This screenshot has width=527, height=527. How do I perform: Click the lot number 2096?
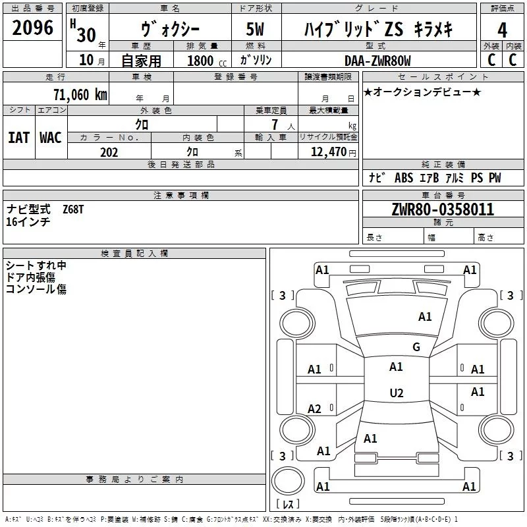pos(33,27)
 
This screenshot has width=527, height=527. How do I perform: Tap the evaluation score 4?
pos(502,30)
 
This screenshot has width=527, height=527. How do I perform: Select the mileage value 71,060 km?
pos(80,95)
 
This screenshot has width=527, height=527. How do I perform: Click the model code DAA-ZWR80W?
pos(377,61)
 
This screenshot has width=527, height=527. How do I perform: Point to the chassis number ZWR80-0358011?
pos(443,210)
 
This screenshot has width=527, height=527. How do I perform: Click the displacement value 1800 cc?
pos(206,61)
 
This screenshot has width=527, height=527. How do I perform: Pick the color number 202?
pos(109,152)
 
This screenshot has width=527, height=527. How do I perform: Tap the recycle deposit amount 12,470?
pos(328,152)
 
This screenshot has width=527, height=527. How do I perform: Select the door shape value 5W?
pos(256,30)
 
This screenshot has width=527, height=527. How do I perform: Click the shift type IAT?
pos(18,138)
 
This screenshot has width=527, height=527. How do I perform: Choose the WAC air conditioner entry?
pos(51,138)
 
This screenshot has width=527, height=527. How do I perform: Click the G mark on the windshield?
pos(416,347)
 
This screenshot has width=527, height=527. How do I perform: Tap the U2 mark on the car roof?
pos(397,393)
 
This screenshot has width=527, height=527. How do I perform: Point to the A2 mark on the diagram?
pos(315,409)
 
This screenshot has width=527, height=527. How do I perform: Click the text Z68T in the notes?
pos(73,209)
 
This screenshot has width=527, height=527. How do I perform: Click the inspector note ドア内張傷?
pos(30,277)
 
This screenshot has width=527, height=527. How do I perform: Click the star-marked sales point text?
pos(422,92)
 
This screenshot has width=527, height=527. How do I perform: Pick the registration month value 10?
pos(86,61)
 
